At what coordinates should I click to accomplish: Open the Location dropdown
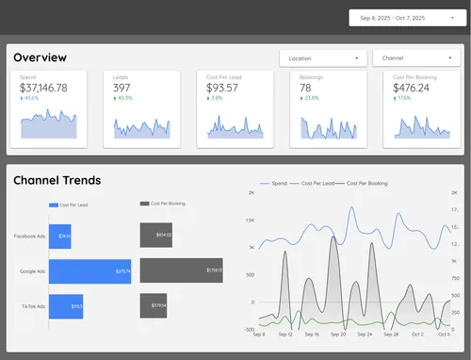322,57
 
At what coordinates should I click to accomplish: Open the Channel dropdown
414,57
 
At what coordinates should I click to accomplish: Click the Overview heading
41,57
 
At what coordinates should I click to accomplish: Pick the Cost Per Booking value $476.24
411,88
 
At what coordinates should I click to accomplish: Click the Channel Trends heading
57,180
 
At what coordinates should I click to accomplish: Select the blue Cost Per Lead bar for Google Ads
90,271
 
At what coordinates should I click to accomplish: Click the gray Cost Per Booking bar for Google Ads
181,271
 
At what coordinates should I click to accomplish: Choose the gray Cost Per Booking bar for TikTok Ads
154,305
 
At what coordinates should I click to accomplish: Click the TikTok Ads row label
27,305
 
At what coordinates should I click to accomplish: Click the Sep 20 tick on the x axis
338,335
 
